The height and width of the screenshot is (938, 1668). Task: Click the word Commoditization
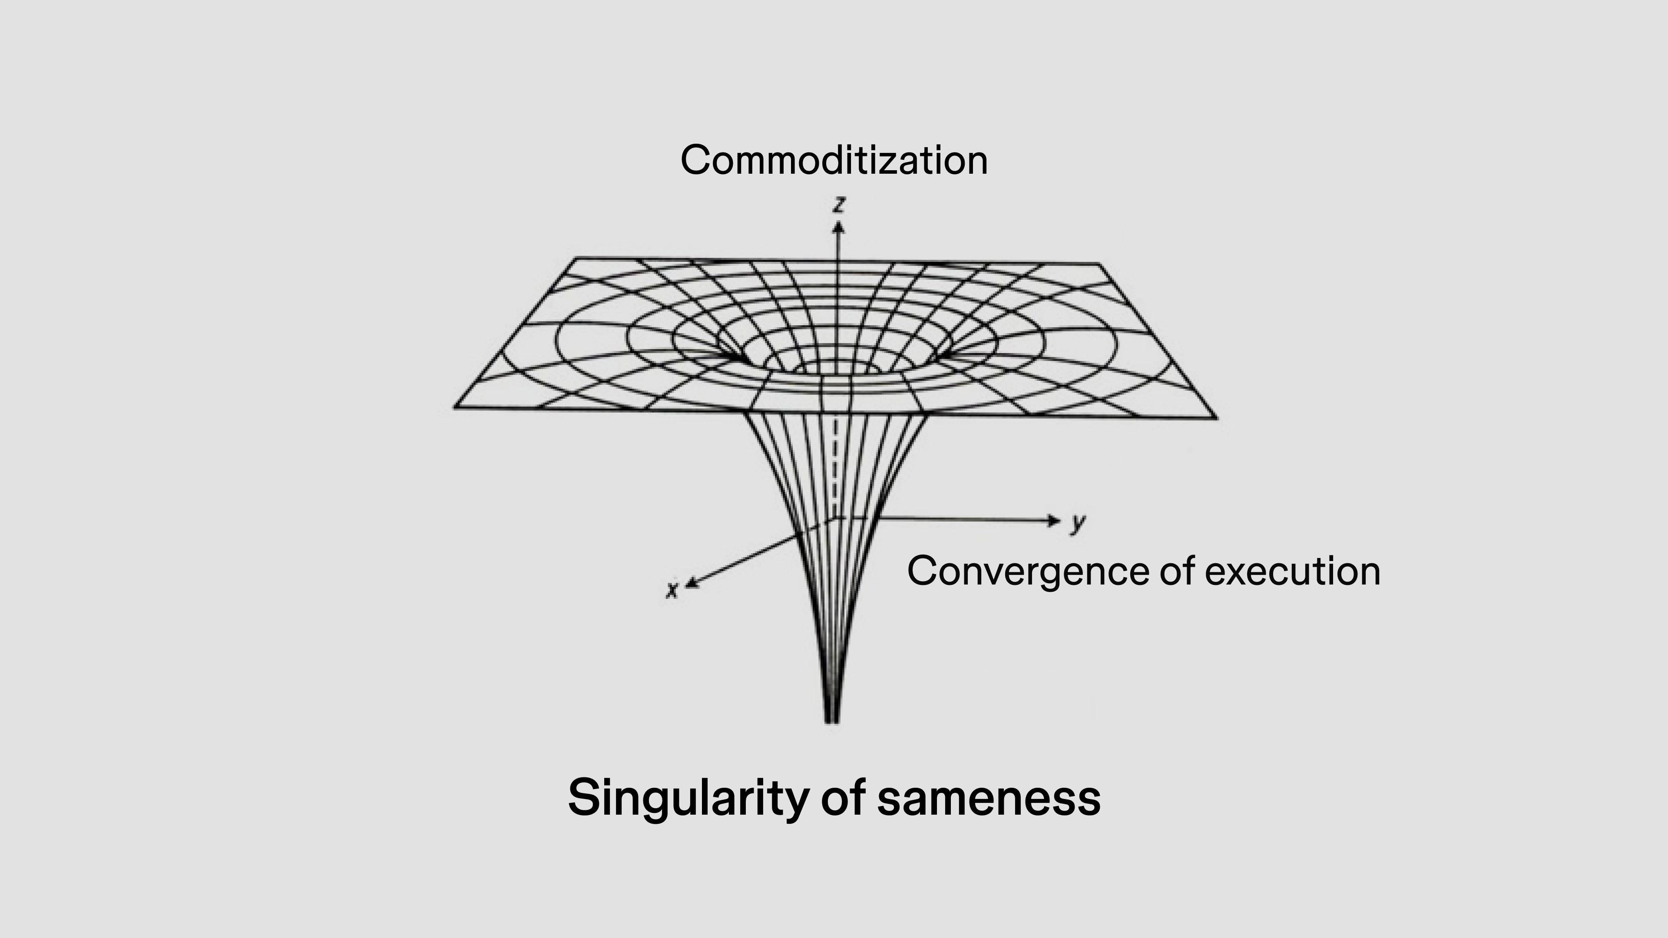coord(834,161)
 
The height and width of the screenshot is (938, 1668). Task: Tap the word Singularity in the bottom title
coord(686,798)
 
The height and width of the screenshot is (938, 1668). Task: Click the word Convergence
coord(1028,571)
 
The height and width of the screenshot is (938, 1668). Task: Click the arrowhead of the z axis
coord(838,227)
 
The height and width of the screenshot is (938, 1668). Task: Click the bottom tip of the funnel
coord(833,720)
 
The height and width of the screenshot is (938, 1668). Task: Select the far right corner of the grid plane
coord(1216,418)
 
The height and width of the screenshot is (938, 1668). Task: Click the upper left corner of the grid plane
coord(576,259)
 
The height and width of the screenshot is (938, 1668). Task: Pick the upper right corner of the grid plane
coord(1099,264)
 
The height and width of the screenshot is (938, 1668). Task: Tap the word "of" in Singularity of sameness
coord(843,798)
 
